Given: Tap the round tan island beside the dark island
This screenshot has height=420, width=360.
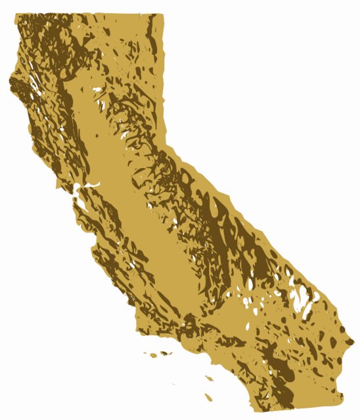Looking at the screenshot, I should (153, 355).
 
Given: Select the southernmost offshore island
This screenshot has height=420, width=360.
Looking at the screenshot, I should (209, 397).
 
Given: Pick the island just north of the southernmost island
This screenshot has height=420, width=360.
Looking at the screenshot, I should (209, 378).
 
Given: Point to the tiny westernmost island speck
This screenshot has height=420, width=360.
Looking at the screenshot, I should (145, 354).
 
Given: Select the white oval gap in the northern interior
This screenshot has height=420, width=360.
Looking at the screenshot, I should (99, 90).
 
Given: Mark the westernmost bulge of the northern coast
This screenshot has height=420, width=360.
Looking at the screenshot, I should (10, 84).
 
